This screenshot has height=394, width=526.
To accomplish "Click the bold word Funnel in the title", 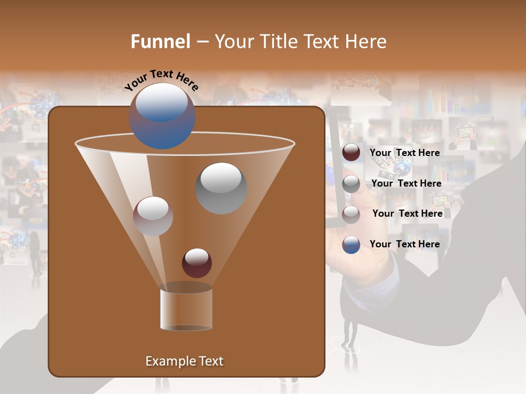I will pos(161,42).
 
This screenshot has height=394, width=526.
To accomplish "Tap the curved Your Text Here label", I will pos(162,80).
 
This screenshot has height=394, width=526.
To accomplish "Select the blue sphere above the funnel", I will pos(162,116).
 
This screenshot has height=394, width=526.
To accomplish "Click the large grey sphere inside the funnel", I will pos(221,188).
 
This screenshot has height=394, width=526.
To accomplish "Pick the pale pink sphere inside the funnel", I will pos(153,216).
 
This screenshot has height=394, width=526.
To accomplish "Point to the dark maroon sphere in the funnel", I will pos(197,263).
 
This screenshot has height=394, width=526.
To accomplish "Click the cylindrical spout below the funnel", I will pos(186,309).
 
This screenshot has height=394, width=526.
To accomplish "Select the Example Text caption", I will pos(184,361).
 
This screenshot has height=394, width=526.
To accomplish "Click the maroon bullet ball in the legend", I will pos(351,153).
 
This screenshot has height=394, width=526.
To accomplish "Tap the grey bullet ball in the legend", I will pos(351,183).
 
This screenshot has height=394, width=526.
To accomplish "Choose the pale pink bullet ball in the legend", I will pos(351,214).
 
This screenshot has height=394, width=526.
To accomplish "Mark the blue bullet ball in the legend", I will pos(351,245).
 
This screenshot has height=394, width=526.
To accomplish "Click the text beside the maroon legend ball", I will pos(404,153).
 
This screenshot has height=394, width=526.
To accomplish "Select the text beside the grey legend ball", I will pos(406,183).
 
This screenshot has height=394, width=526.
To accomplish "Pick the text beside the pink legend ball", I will pos(407,213).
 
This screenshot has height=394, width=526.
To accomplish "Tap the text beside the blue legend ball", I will pos(404,244).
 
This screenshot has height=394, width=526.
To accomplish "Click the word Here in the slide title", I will pos(365,42).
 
